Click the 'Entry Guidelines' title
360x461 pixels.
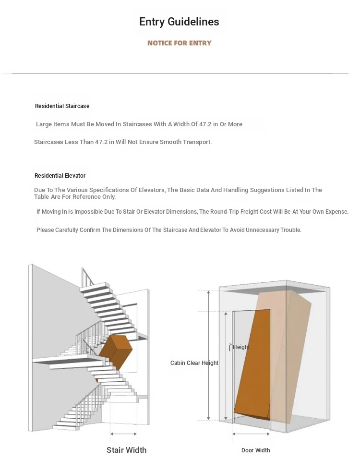point(179,22)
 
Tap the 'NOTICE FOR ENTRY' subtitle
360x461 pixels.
point(179,43)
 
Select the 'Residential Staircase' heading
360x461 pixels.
point(62,106)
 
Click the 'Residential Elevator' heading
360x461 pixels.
point(60,176)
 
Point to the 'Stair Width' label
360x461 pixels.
point(126,450)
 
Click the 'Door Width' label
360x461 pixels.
point(255,450)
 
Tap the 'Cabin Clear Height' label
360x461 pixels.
point(194,363)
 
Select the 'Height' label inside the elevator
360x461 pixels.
point(241,347)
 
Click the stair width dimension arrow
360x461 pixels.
point(123,434)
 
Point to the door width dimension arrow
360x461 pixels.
point(251,434)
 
